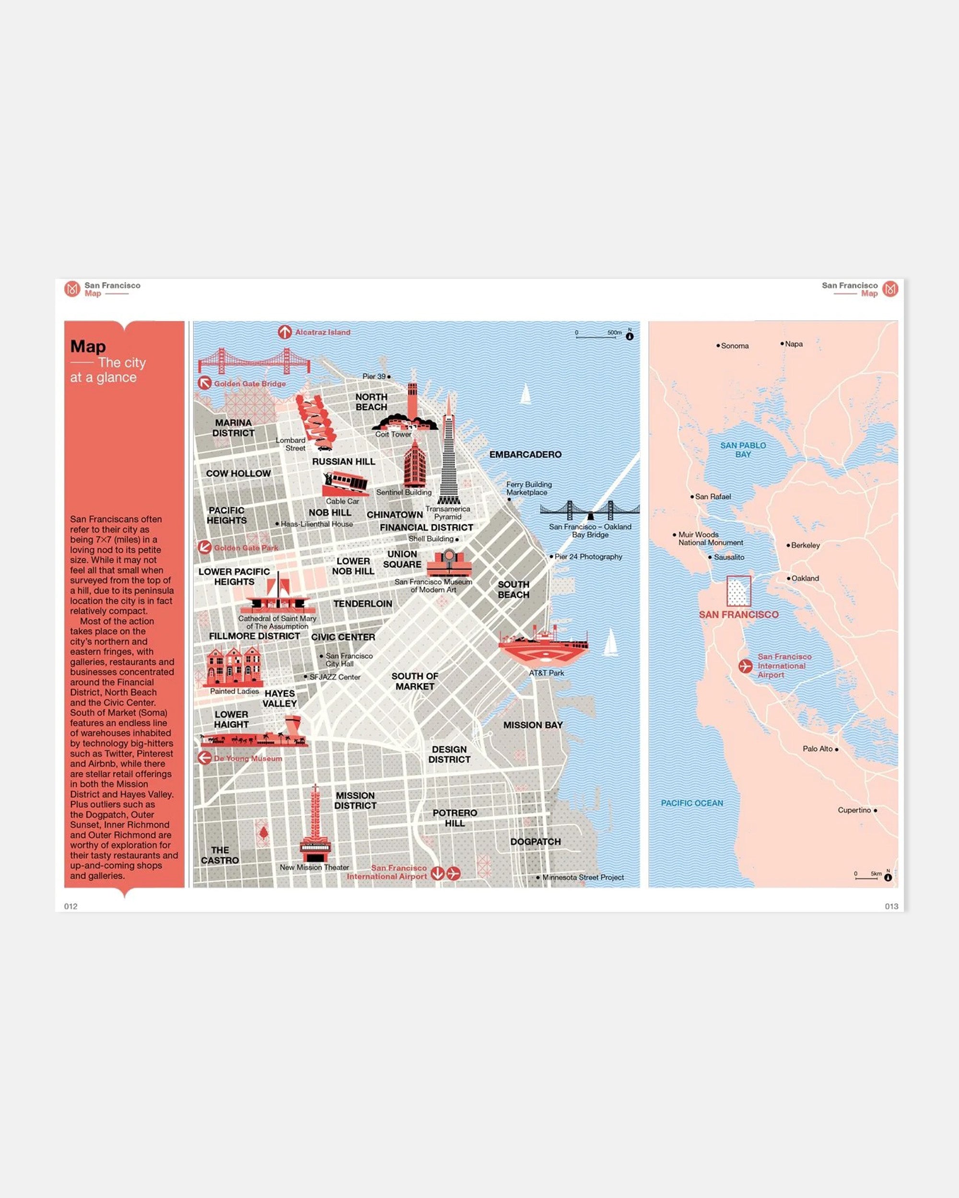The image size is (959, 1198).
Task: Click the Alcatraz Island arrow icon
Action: (x=285, y=332)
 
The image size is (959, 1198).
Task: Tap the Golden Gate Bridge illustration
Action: (x=254, y=362)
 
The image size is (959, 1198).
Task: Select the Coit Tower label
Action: (x=393, y=435)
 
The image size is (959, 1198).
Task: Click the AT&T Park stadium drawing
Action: (x=543, y=647)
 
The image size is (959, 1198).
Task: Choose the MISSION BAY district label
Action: (x=533, y=725)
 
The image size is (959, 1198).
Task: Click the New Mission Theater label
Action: (x=314, y=867)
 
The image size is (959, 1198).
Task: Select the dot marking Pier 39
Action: (x=388, y=377)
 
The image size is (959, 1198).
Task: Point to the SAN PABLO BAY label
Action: (x=743, y=449)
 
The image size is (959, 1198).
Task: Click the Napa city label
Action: (x=793, y=344)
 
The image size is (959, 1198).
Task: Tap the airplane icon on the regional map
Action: (x=745, y=666)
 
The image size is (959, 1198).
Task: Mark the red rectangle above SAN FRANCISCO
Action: (x=738, y=591)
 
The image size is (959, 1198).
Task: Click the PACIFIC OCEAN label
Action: (x=691, y=803)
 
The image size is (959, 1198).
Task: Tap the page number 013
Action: (x=891, y=906)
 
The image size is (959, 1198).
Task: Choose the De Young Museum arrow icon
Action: (x=205, y=758)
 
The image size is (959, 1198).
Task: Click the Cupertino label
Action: (x=854, y=810)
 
